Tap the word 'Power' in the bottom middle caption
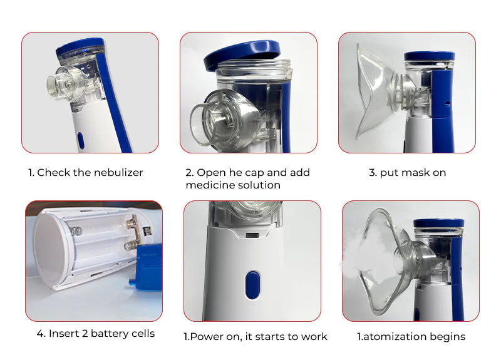click(207, 337)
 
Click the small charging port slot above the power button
click(252, 235)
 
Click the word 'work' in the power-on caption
click(314, 337)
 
